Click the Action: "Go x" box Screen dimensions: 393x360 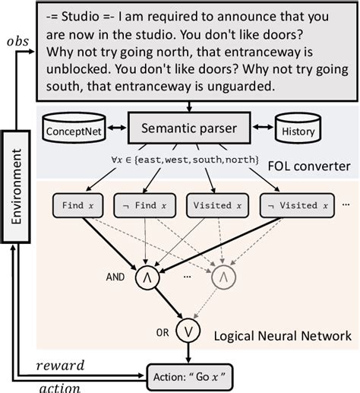[197, 376]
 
